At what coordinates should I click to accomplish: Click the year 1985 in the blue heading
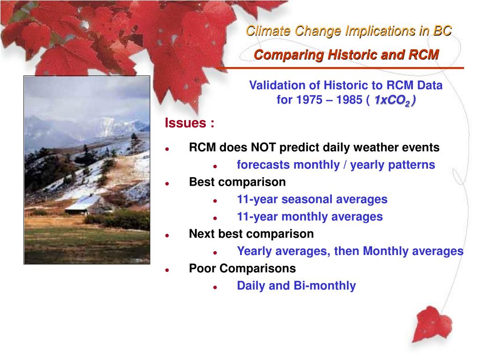click(x=349, y=100)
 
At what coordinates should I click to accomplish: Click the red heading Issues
click(x=186, y=123)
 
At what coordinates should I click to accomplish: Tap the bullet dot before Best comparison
click(x=167, y=184)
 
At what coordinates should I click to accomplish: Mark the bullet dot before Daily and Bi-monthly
click(x=215, y=287)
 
